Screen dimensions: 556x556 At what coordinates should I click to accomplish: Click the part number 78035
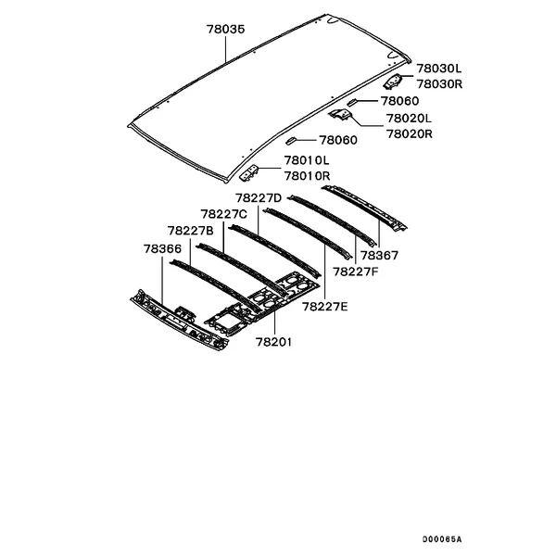click(226, 29)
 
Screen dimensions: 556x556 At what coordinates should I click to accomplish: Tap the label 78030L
click(439, 68)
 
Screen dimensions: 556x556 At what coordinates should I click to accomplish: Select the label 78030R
click(439, 84)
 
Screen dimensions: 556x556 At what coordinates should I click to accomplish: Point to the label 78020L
click(409, 118)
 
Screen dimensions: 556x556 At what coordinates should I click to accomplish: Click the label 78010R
click(308, 176)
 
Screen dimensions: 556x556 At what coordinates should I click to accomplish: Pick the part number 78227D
click(259, 198)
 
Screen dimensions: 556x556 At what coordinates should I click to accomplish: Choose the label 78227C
click(223, 215)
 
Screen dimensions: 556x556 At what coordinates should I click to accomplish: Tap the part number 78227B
click(191, 231)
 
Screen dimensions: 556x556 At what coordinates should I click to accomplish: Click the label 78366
click(162, 249)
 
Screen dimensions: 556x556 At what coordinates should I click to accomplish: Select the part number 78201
click(273, 342)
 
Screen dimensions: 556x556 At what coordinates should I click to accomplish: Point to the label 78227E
click(325, 307)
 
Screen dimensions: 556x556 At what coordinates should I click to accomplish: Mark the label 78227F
click(356, 272)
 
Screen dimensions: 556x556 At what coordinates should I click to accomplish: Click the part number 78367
click(379, 256)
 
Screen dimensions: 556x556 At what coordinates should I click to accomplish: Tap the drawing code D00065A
click(442, 539)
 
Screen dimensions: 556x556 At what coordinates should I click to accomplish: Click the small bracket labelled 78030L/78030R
click(393, 82)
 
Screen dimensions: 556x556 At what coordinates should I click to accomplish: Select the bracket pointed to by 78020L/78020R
click(340, 114)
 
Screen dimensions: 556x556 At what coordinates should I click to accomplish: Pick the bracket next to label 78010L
click(249, 173)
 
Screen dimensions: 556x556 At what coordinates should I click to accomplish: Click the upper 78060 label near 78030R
click(399, 101)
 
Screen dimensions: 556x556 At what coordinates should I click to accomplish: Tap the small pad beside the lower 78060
click(290, 141)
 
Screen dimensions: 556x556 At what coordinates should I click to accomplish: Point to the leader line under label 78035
click(225, 50)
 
